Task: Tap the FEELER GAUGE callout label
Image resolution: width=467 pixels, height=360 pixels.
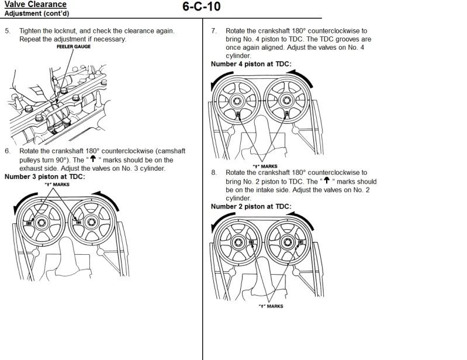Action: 73,46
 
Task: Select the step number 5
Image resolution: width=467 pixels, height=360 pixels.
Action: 8,30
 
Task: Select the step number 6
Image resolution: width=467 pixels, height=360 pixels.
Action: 8,151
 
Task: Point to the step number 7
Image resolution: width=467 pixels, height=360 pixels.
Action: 214,30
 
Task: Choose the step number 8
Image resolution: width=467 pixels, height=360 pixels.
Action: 214,173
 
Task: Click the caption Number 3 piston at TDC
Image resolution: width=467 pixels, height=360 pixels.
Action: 44,176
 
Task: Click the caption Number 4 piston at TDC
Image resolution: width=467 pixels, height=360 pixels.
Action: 251,64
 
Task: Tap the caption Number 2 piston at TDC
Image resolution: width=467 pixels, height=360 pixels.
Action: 251,206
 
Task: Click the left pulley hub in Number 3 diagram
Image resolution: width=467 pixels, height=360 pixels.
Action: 43,222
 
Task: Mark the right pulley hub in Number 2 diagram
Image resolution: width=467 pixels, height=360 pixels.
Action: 286,243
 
